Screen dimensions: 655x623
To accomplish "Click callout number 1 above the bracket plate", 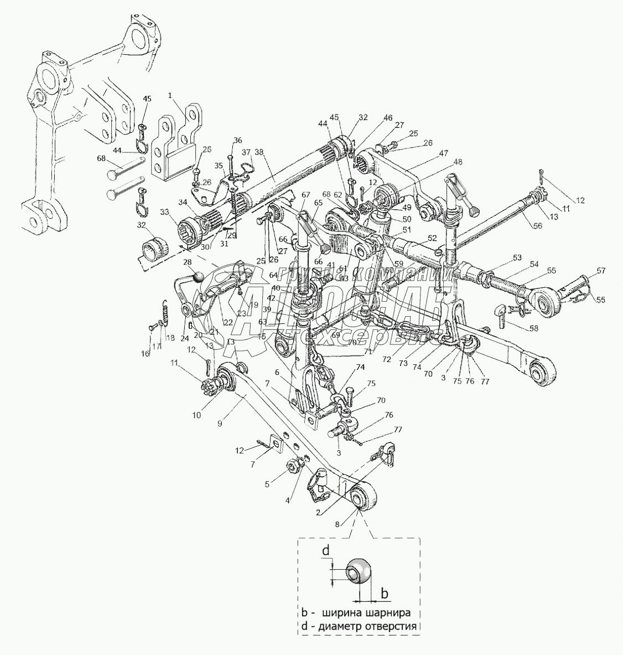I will click(170, 95).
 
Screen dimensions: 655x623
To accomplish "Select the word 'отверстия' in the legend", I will click(391, 626).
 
